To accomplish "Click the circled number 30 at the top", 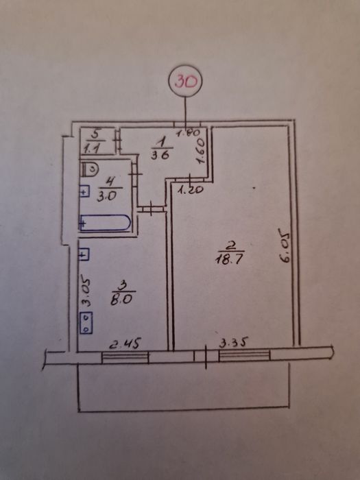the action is tap(185, 82).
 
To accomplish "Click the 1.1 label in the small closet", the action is tap(92, 149).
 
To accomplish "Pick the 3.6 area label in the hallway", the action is tap(160, 155).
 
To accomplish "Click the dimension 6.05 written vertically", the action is tap(285, 246).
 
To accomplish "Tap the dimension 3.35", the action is tap(234, 343).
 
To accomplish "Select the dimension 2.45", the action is tap(125, 344).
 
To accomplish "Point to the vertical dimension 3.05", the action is tap(86, 291).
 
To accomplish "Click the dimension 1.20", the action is tap(191, 190).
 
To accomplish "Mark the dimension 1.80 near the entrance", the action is tap(189, 132).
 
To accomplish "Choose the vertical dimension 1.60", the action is tap(200, 152).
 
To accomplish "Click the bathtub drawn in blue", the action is tap(105, 223).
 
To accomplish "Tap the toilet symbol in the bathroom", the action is tap(90, 169).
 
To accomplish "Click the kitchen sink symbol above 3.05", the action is tap(84, 254).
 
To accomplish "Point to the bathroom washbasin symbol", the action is tap(84, 191).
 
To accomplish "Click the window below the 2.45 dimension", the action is tap(125, 357).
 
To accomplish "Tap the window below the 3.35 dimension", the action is tap(244, 355).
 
